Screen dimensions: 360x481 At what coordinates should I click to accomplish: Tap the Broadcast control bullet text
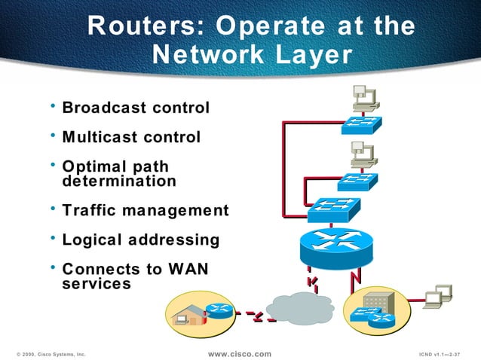click(x=136, y=108)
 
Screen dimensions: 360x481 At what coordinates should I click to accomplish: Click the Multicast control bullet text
click(x=131, y=137)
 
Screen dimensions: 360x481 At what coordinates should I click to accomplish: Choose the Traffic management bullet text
click(x=145, y=210)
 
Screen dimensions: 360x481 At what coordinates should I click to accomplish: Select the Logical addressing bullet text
click(x=140, y=239)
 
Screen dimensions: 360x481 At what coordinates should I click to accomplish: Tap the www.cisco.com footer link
click(x=239, y=353)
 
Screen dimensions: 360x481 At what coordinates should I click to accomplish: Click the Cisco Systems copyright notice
click(x=51, y=354)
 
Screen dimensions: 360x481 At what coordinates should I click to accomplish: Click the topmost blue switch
click(x=361, y=125)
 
